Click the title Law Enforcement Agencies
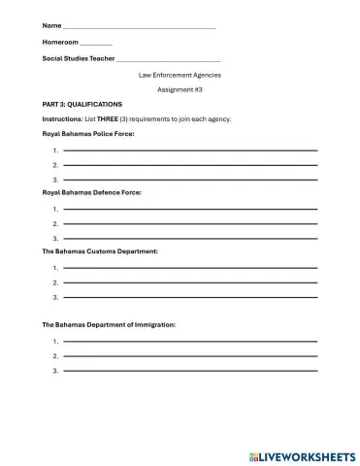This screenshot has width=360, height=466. pyautogui.click(x=180, y=75)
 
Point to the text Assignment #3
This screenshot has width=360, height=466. pyautogui.click(x=180, y=89)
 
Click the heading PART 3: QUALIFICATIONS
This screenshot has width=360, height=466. pyautogui.click(x=82, y=104)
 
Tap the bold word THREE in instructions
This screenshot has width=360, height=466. pyautogui.click(x=108, y=119)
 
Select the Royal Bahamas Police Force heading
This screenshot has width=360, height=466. pyautogui.click(x=88, y=134)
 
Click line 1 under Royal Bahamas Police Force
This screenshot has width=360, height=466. pyautogui.click(x=190, y=150)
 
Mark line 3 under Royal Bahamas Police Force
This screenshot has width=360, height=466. pyautogui.click(x=190, y=180)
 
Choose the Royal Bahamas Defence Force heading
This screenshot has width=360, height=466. pyautogui.click(x=92, y=193)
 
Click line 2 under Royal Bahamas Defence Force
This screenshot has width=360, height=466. pyautogui.click(x=190, y=224)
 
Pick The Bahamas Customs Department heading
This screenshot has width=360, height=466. pyautogui.click(x=100, y=251)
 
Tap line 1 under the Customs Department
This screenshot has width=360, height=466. pyautogui.click(x=190, y=268)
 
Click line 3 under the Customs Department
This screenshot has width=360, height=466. pyautogui.click(x=190, y=297)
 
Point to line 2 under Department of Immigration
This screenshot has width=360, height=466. pyautogui.click(x=190, y=356)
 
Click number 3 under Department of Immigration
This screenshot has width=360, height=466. pyautogui.click(x=56, y=371)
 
